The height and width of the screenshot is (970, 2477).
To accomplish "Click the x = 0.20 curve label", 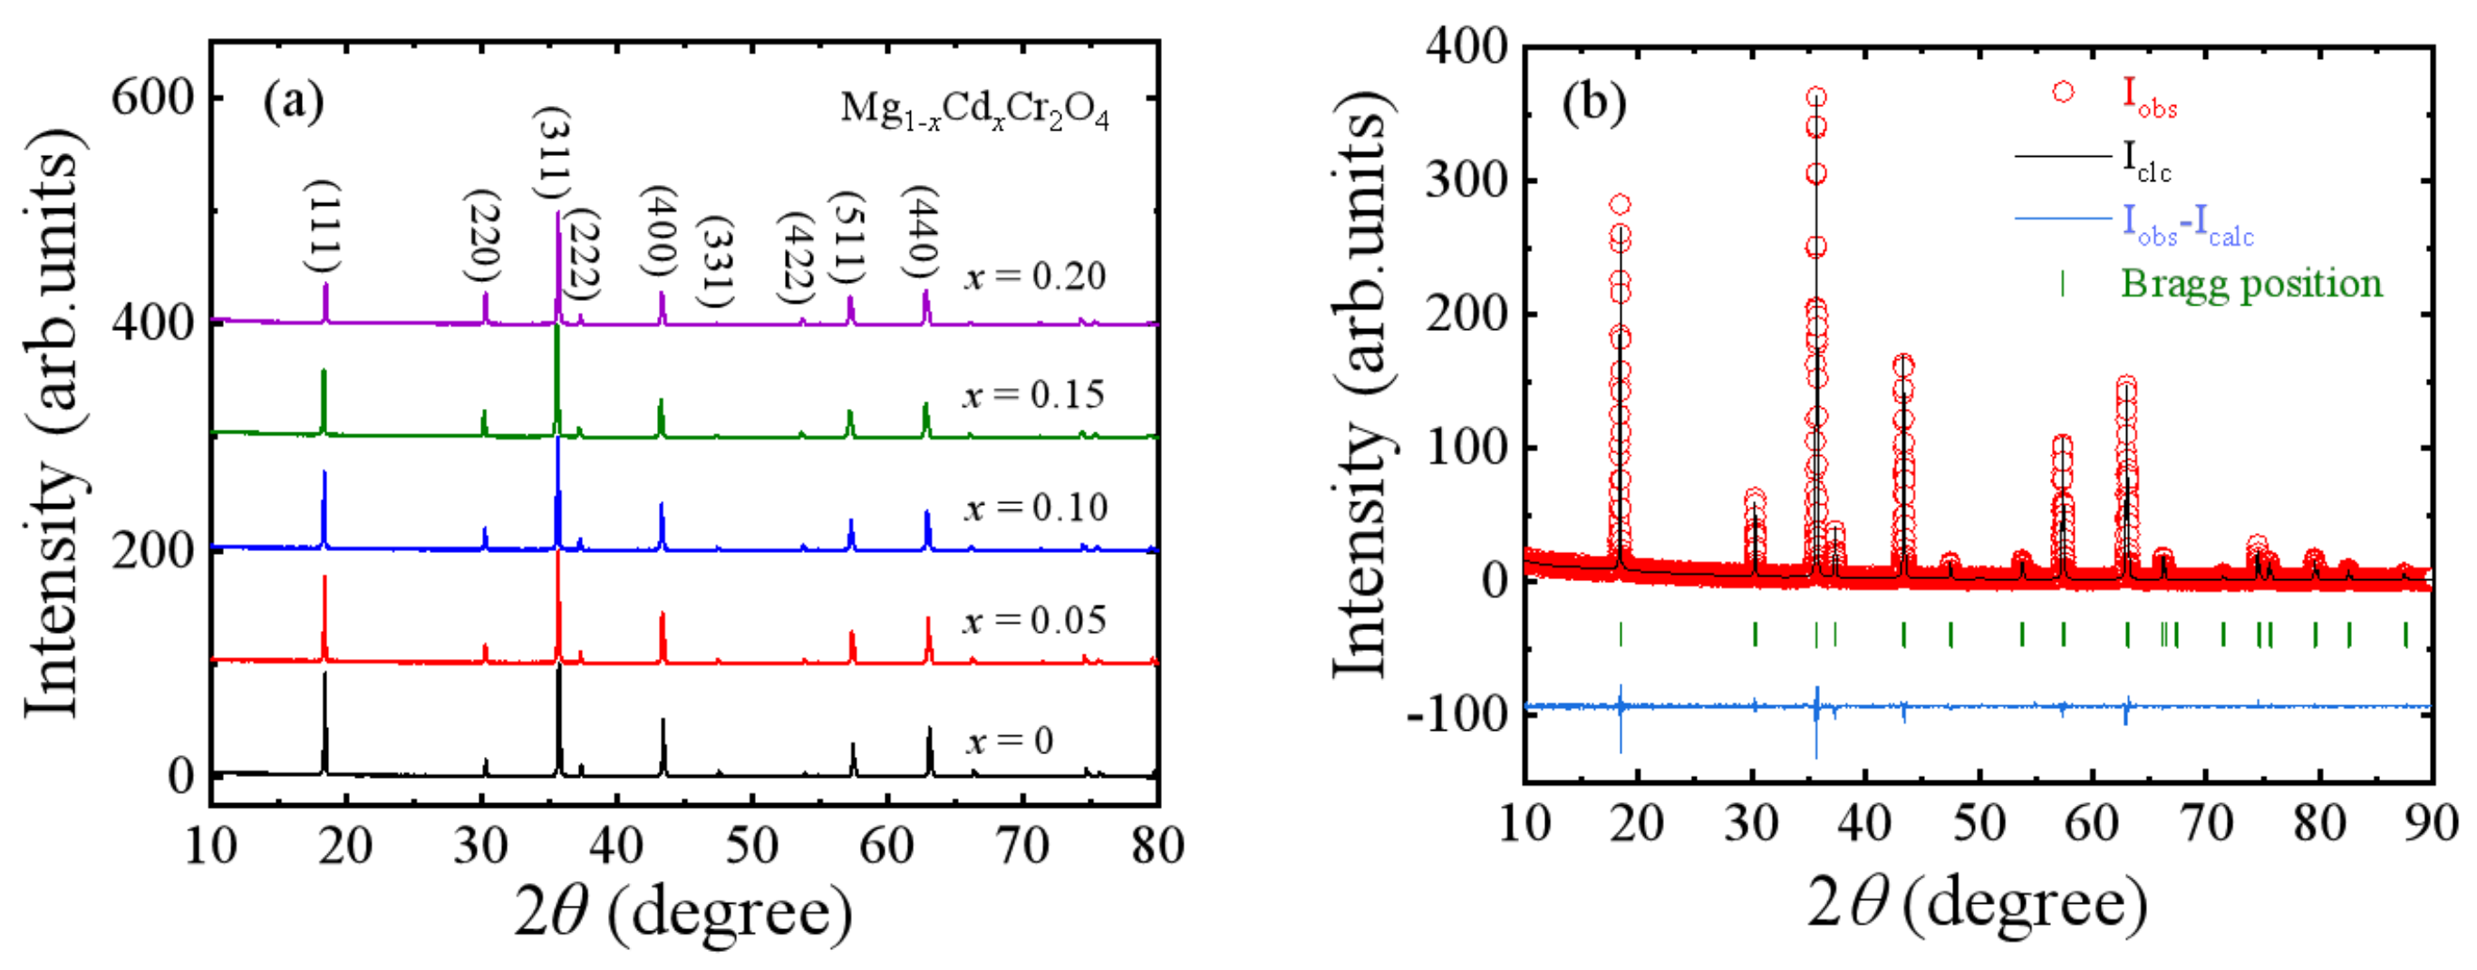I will click(1035, 276).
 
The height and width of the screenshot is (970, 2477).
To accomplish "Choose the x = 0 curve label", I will click(1009, 741).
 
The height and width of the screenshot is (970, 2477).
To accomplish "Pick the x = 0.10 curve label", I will click(1036, 508).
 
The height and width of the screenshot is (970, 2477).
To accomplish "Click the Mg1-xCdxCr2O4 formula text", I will click(974, 111).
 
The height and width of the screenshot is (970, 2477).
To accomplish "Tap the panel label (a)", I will click(294, 102).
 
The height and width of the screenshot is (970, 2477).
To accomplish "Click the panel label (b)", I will click(1593, 102).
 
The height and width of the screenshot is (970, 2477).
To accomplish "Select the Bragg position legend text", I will click(2251, 284).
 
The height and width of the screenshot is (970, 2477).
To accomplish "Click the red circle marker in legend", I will click(2063, 92).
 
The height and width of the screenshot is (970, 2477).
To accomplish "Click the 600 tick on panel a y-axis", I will click(152, 97).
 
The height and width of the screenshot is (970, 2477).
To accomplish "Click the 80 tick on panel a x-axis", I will click(1156, 847).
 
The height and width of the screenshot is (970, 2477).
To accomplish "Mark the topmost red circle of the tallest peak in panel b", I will click(1816, 97).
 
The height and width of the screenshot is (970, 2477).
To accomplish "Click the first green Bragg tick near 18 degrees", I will click(1621, 635).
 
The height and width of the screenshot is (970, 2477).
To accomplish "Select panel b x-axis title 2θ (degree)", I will click(1976, 905).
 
